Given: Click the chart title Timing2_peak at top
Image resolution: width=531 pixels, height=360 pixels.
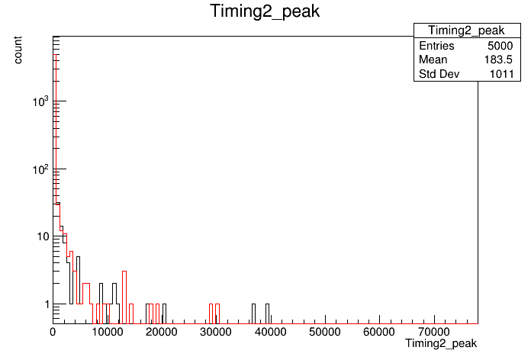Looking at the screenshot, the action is coord(265,11).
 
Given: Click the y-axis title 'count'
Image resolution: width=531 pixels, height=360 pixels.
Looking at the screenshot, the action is coord(18,50).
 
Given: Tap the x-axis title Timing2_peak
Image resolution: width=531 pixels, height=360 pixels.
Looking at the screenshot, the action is coord(441,343).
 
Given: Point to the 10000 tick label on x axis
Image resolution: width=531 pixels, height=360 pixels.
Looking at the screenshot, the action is coord(107,332).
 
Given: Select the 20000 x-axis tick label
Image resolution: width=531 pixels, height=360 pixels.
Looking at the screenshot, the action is coord(162,332).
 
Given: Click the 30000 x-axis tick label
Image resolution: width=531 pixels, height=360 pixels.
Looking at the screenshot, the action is coord(216,332).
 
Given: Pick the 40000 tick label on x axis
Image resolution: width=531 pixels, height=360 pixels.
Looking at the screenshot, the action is coord(270,332).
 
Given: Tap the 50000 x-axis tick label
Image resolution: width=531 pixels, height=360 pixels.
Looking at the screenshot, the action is coord(325,332).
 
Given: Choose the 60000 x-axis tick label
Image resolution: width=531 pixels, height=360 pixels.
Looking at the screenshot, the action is coord(379,332).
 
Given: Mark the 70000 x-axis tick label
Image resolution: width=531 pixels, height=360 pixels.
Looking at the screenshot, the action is coord(434,332).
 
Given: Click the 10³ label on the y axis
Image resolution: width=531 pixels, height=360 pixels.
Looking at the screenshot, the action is coord(40,101).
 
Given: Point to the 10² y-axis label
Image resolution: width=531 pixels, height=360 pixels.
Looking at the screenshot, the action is coord(40,169).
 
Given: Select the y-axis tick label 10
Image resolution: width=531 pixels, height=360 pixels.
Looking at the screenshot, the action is coord(43,236).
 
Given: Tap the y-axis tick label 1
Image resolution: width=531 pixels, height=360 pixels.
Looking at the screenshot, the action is coord(47,304).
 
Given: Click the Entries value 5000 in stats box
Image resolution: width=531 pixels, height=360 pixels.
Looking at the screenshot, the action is coord(500,46).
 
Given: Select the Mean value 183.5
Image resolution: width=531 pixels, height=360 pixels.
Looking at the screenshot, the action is coord(498,59).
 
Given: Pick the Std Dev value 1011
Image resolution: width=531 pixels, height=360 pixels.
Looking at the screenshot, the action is coord(502,74).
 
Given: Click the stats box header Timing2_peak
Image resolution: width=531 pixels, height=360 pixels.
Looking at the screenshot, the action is coord(466,31).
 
